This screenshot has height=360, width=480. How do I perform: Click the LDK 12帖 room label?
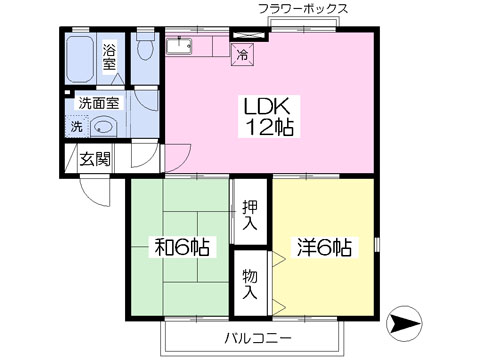pos(269,116)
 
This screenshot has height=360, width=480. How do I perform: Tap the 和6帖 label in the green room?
pos(182,247)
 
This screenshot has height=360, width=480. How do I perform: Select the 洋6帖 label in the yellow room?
pos(324,247)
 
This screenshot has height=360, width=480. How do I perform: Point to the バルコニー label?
pos(258,339)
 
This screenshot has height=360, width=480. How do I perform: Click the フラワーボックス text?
pos(303,9)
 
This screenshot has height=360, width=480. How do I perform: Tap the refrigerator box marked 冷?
pos(242,54)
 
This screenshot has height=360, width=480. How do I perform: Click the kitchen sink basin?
pos(179,46)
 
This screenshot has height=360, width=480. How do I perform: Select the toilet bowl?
pos(145,46)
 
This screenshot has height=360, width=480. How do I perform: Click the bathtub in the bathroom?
pos(80,59)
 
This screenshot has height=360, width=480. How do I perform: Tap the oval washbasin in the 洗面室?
pos(104,126)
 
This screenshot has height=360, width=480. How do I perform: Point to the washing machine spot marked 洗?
pos(77,126)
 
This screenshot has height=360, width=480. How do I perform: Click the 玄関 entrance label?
pos(95,159)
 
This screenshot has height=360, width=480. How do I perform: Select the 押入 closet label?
pos(250,215)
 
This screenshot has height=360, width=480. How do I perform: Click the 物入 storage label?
pos(250,284)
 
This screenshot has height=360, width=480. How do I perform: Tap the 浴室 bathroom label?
pos(109,57)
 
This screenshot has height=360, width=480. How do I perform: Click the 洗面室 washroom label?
pos(99,103)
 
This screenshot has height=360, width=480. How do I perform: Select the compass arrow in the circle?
pos(405,323)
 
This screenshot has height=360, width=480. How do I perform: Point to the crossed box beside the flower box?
pos(250,35)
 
